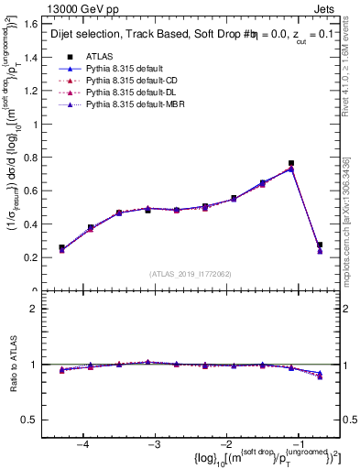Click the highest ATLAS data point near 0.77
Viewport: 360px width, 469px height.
point(291,163)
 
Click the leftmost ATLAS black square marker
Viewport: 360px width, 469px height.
point(61,247)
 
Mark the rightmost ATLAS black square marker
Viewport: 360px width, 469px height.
point(320,245)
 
